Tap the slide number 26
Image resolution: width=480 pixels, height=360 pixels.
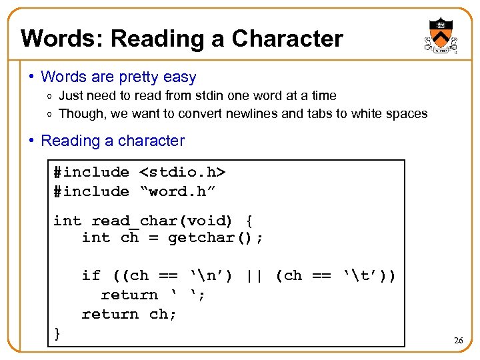(x=458, y=341)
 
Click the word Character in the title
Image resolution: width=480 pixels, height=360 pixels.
(x=287, y=39)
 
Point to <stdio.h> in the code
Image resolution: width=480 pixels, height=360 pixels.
(x=183, y=172)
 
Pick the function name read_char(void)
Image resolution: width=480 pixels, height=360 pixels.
(x=162, y=221)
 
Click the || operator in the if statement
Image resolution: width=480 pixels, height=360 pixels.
(x=254, y=275)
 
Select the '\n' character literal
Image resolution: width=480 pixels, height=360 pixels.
(x=211, y=275)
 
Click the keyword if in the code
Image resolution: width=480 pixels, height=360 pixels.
(x=91, y=275)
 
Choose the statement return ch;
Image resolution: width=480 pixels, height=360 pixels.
(x=129, y=314)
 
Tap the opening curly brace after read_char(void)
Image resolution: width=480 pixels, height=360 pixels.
(x=249, y=221)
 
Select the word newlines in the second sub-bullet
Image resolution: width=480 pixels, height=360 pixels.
(x=251, y=113)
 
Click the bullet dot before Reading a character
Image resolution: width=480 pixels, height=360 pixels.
(x=31, y=141)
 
